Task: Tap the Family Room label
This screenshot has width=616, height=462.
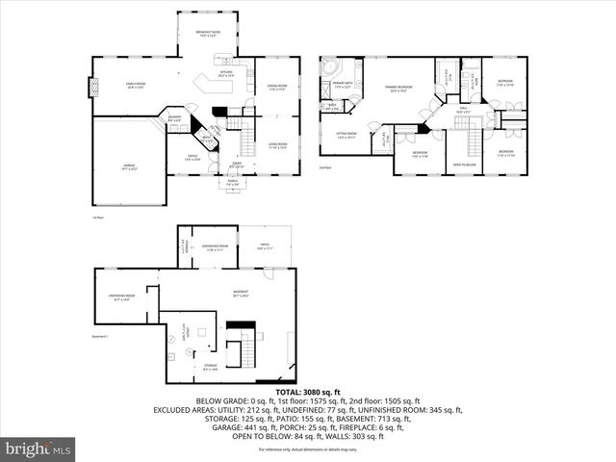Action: [130, 86]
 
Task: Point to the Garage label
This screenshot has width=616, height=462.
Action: [128, 167]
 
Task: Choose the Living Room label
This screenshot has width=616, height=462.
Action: [277, 145]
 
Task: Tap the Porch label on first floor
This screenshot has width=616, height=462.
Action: [232, 182]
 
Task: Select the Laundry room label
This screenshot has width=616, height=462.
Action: [175, 118]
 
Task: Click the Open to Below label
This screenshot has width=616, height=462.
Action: [465, 165]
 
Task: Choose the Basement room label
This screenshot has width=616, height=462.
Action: [241, 294]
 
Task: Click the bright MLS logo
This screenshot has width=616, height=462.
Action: [38, 449]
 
